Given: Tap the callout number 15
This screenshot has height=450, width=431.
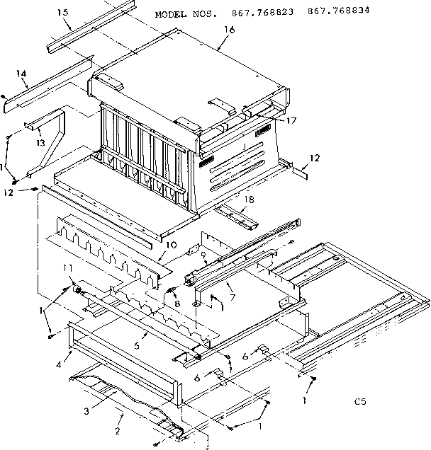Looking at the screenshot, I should coord(63,13).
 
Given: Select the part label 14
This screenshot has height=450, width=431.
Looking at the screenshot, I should coord(21,74).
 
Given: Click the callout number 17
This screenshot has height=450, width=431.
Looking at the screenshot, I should coord(291,120).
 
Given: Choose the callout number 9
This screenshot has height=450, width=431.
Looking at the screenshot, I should coord(203,255).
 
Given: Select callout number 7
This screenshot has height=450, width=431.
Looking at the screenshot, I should coord(232,288).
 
